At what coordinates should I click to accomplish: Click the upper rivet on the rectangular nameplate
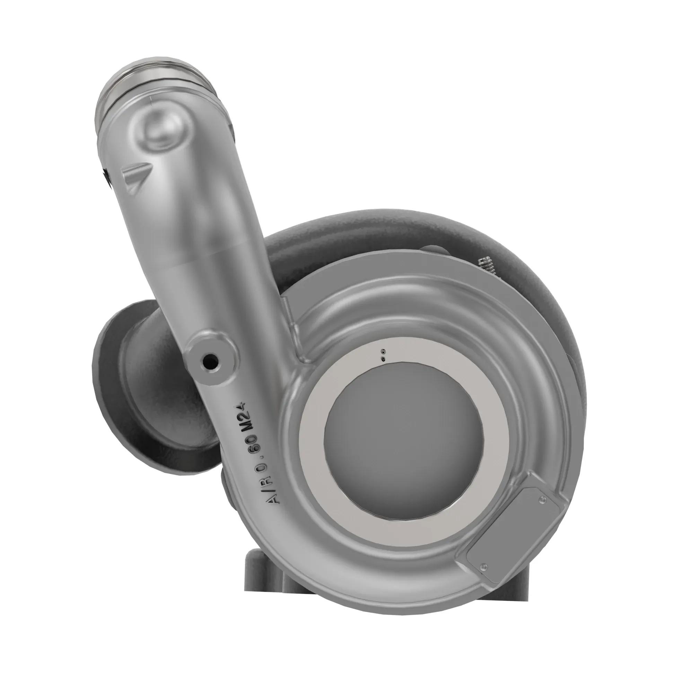542,499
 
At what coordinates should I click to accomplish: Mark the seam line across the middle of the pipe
212,258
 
